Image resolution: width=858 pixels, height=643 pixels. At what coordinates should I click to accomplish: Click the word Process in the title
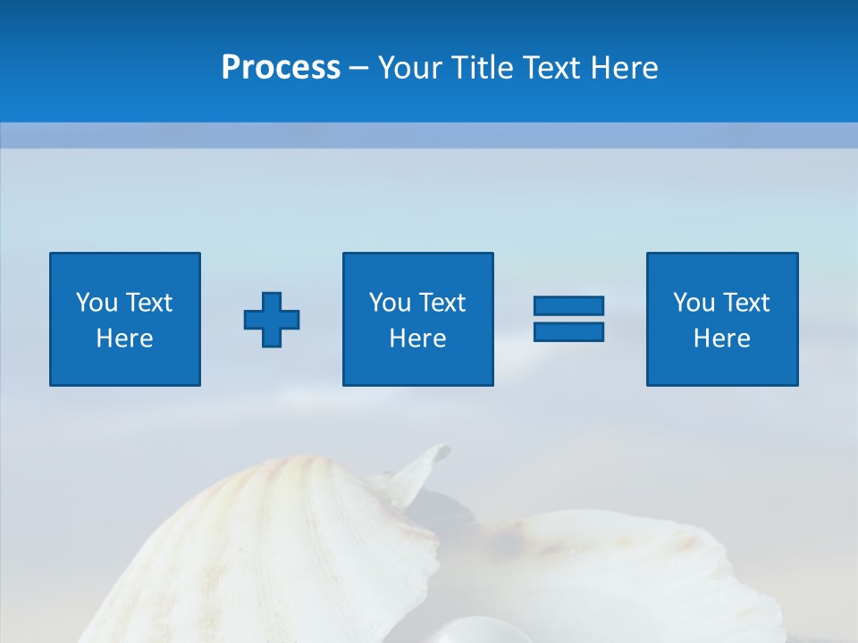click(x=281, y=68)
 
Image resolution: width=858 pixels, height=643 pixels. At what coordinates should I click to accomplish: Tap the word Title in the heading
click(x=483, y=68)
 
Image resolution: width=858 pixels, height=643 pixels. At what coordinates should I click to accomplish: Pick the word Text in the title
click(x=550, y=68)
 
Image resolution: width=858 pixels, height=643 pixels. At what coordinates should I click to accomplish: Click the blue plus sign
click(x=272, y=319)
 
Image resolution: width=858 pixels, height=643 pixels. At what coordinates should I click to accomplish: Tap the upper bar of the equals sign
click(x=568, y=306)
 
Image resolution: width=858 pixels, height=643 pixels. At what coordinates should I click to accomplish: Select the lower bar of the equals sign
click(x=568, y=331)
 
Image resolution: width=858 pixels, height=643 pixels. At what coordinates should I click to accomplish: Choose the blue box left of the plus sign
click(x=124, y=319)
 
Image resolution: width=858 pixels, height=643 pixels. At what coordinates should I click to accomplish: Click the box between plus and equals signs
click(x=417, y=319)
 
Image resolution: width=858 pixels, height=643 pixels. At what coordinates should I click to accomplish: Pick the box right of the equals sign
click(x=721, y=319)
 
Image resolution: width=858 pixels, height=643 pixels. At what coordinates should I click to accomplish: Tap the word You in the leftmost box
click(x=97, y=303)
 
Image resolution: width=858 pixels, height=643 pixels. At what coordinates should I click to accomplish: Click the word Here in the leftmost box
click(x=124, y=338)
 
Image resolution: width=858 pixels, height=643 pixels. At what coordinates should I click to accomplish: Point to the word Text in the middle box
click(x=442, y=303)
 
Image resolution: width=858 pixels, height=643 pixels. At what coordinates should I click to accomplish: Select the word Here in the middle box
click(x=417, y=338)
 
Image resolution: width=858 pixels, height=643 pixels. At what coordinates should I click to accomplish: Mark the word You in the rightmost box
click(x=694, y=303)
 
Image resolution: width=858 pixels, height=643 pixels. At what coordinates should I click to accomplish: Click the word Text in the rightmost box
click(x=746, y=303)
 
